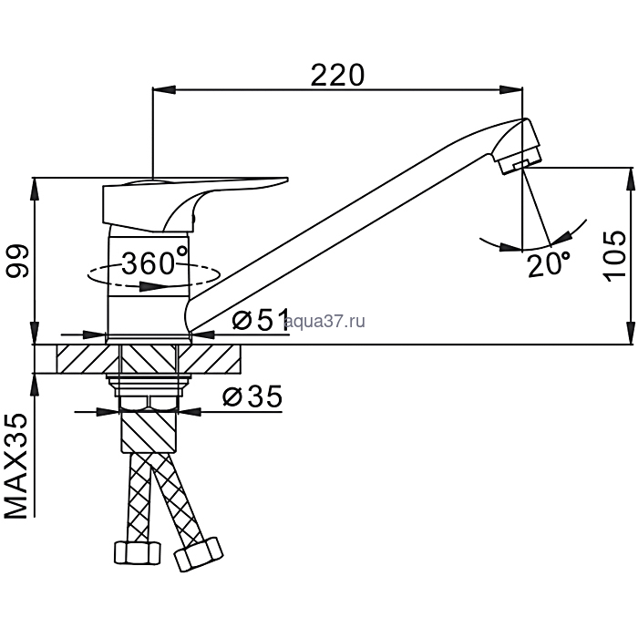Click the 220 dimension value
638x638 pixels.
337,76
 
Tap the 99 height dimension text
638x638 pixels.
17,262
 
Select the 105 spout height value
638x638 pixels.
615,256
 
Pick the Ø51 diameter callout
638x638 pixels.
261,320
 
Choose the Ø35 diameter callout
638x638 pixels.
252,396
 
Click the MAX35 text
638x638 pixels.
16,466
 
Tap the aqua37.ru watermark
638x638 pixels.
325,322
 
